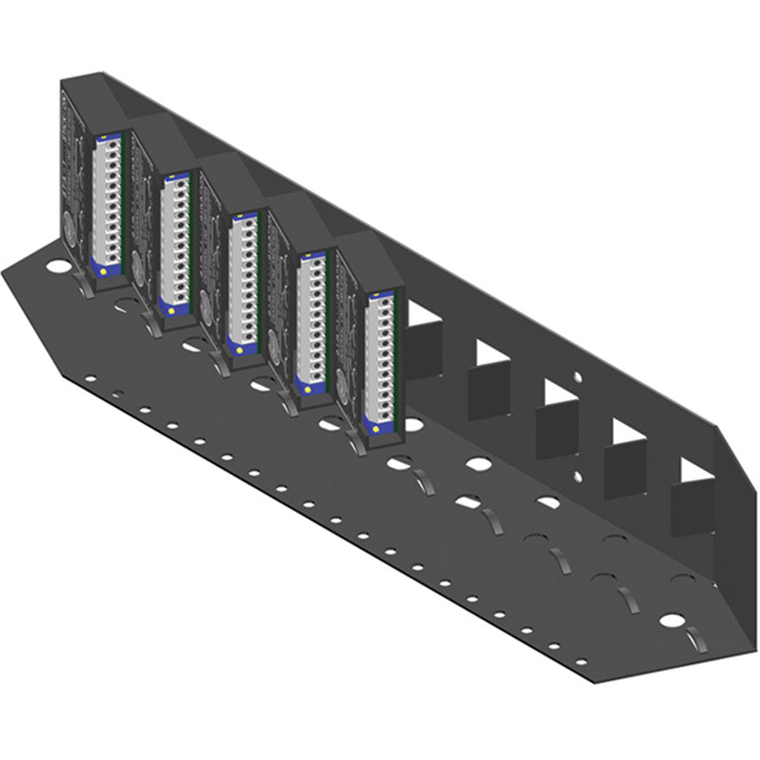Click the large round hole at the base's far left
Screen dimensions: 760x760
(x=56, y=268)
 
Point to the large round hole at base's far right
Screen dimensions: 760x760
(x=671, y=619)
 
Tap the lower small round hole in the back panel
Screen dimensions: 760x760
(x=578, y=477)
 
